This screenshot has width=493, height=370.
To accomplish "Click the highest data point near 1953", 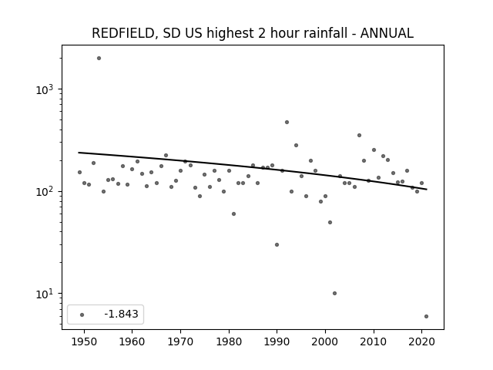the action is click(x=99, y=59).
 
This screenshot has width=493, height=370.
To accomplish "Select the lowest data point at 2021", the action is click(x=426, y=317).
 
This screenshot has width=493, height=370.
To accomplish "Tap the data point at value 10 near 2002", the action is click(x=334, y=293).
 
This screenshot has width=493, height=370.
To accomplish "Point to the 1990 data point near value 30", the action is click(x=277, y=245).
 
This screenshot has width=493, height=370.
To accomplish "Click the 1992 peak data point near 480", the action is click(x=287, y=122).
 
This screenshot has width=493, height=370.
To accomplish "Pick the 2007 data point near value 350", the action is click(x=359, y=136).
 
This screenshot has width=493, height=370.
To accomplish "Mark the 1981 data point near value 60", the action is click(x=233, y=214).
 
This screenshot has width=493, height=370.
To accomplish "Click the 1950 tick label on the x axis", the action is click(x=84, y=341).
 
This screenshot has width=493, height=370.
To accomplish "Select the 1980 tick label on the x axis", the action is click(x=229, y=341).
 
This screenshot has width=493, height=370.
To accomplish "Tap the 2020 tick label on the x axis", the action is click(x=421, y=341).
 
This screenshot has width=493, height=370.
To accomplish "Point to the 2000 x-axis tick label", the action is click(x=325, y=341).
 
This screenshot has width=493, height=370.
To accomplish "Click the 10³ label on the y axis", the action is click(x=45, y=89).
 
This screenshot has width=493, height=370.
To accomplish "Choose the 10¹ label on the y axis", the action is click(x=45, y=294).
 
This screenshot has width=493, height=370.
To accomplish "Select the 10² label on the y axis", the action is click(x=45, y=192).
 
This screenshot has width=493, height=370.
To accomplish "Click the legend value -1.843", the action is click(x=122, y=314).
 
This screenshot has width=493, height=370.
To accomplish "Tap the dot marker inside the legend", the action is click(x=82, y=314).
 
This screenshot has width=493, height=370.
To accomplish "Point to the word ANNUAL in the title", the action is click(x=387, y=33).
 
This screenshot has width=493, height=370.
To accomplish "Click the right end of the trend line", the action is click(x=427, y=189).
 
